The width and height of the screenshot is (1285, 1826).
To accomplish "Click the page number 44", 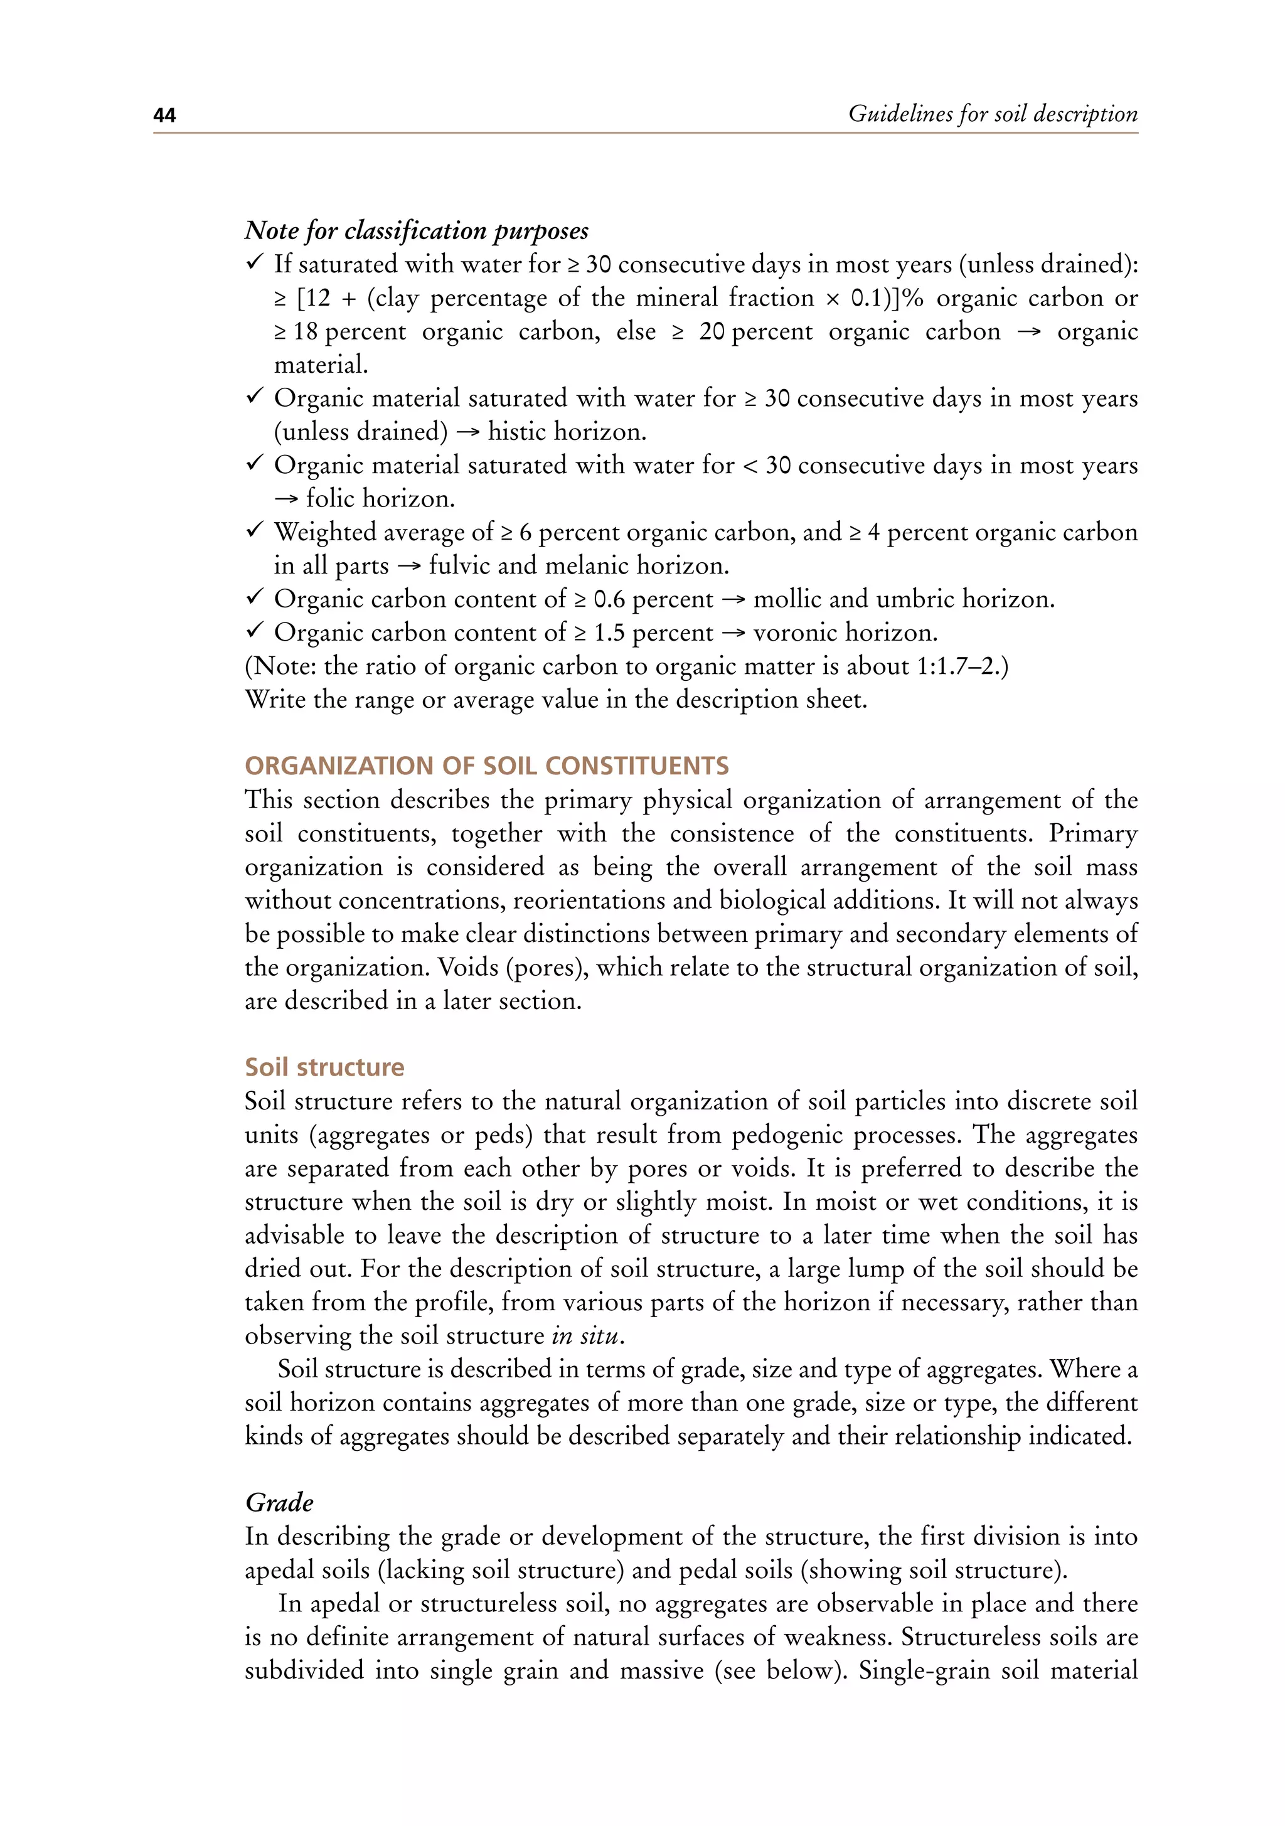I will [164, 115].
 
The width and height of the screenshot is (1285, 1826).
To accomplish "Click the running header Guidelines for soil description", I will [993, 114].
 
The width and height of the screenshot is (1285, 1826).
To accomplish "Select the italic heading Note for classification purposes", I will [416, 231].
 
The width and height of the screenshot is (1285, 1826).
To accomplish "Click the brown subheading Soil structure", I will [324, 1067].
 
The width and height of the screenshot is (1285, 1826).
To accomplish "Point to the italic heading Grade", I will [279, 1502].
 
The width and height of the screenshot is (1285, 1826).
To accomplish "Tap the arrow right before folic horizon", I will [285, 499].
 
